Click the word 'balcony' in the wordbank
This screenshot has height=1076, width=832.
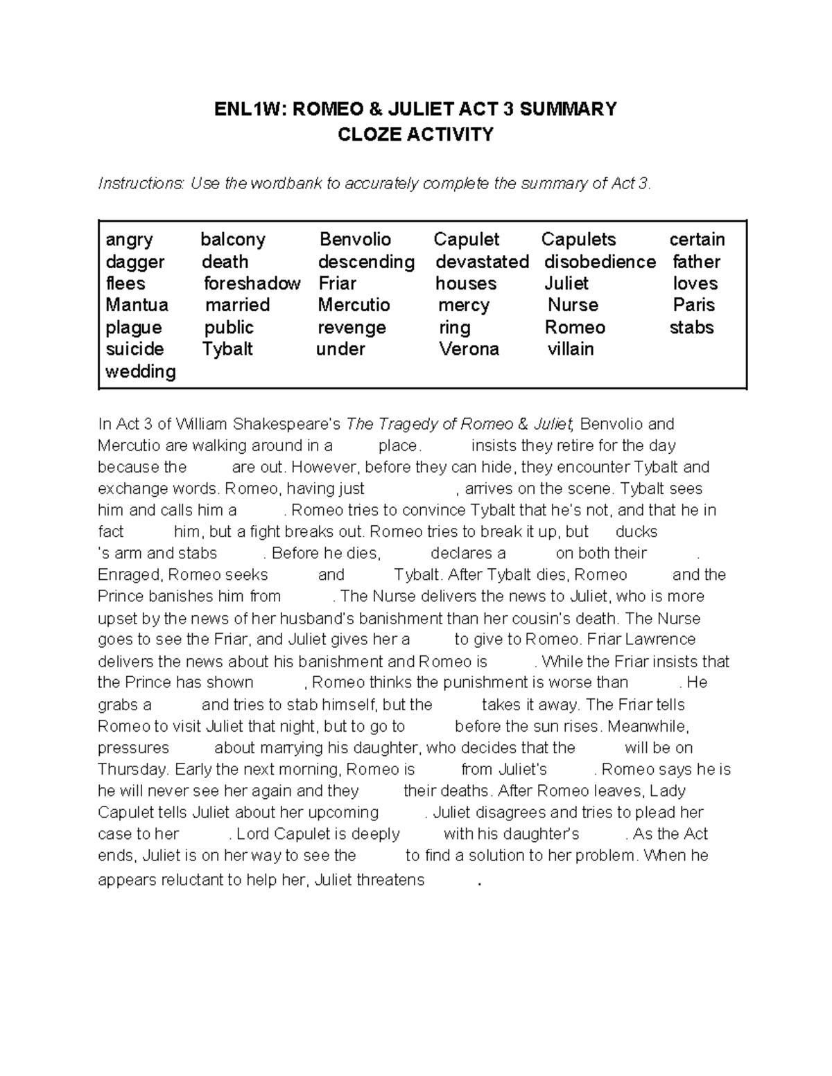(x=233, y=240)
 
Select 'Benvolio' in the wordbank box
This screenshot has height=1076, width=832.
(x=355, y=240)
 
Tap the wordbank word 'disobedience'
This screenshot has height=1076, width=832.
(x=600, y=262)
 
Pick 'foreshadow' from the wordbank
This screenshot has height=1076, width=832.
(x=252, y=283)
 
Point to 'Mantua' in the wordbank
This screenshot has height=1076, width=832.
(x=137, y=305)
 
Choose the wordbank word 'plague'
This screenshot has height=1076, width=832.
(x=133, y=328)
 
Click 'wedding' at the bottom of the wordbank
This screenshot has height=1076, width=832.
(x=140, y=371)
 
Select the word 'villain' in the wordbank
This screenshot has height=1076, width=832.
(x=571, y=349)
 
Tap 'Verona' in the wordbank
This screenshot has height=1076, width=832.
(x=469, y=349)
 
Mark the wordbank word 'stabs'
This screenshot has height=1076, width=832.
(x=691, y=327)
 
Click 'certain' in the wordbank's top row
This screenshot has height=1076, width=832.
(x=697, y=240)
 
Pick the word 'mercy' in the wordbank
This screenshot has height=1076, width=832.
(x=464, y=305)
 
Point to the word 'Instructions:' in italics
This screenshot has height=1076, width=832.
(x=142, y=184)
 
